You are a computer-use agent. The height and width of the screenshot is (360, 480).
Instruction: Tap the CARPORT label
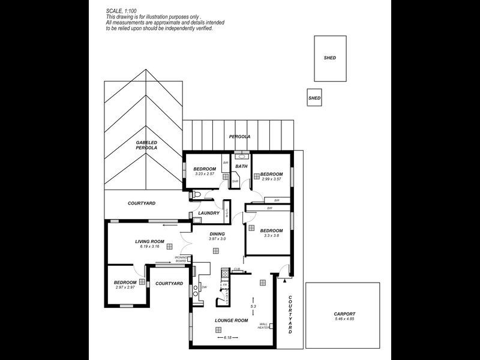click(x=344, y=314)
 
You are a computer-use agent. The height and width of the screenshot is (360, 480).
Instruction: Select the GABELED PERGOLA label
click(x=146, y=145)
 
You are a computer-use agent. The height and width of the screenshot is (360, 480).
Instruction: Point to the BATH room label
click(x=241, y=166)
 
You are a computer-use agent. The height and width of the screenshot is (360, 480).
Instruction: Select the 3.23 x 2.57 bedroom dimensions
click(x=204, y=174)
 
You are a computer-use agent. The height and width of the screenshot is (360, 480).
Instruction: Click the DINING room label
click(x=217, y=233)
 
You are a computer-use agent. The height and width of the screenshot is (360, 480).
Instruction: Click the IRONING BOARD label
click(x=182, y=259)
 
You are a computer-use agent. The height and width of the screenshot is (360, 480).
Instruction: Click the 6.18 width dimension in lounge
click(x=228, y=338)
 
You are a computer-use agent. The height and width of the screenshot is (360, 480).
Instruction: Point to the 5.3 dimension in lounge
click(x=253, y=307)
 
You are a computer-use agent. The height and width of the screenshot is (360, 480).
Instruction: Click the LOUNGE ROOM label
click(x=231, y=320)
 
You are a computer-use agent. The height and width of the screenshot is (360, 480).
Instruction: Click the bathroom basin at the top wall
click(x=241, y=154)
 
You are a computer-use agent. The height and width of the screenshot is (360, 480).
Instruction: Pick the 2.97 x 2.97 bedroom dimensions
click(x=125, y=287)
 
